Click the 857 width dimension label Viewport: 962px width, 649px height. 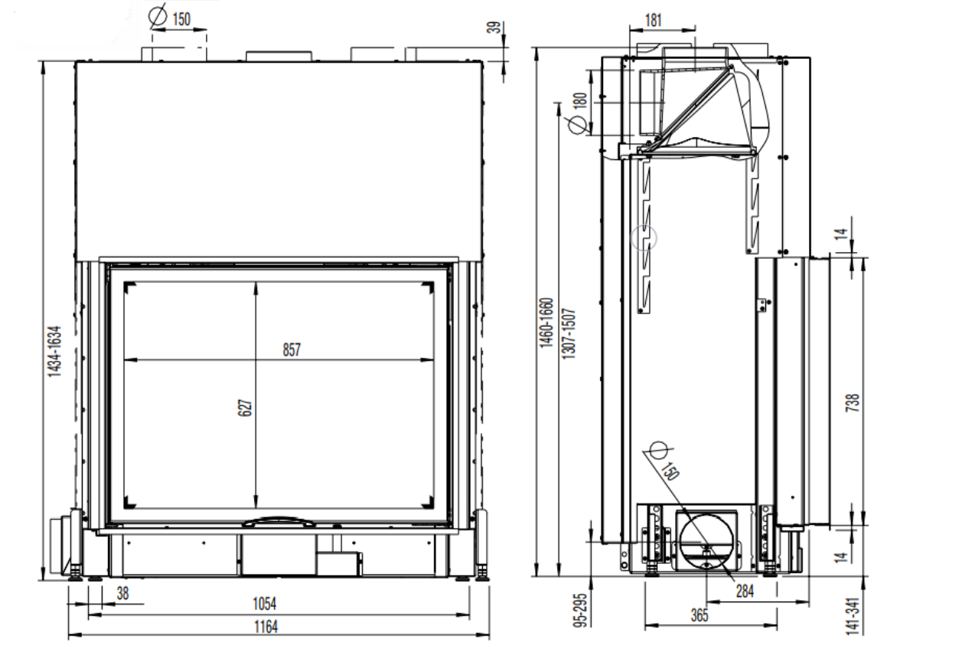click(292, 349)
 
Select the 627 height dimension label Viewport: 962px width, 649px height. click(245, 408)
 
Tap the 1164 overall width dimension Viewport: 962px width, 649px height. click(266, 627)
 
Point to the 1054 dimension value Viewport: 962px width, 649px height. click(264, 604)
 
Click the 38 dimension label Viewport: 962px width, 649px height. click(122, 594)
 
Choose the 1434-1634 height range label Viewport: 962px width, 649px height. click(55, 352)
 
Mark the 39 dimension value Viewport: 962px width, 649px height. click(495, 27)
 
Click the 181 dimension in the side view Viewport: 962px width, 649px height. click(654, 20)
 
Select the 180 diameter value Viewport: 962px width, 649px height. click(580, 100)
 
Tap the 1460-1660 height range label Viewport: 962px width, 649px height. click(546, 323)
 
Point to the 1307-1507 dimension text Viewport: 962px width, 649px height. click(568, 334)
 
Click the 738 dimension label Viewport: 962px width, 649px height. click(853, 403)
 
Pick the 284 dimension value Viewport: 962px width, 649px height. click(745, 592)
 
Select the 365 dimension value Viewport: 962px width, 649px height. click(699, 615)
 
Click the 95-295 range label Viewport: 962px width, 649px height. click(580, 611)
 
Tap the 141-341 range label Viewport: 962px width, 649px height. click(853, 616)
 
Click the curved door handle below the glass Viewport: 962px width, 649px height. click(279, 522)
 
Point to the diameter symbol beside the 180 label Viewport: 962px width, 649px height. click(577, 125)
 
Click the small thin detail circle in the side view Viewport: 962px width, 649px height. click(644, 238)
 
